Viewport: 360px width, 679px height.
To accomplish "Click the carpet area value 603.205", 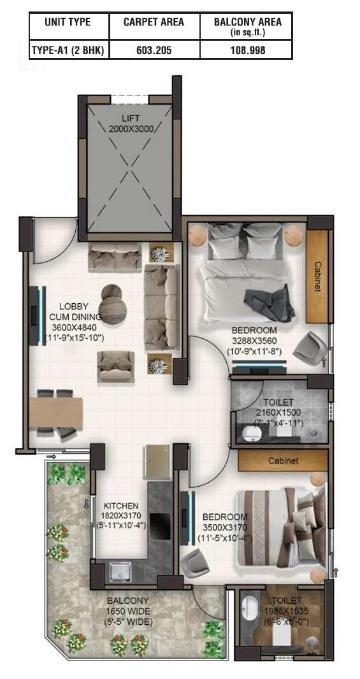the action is click(x=155, y=50).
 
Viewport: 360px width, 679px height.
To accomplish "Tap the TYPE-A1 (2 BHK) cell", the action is click(x=68, y=50).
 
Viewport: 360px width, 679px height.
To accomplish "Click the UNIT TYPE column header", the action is click(x=68, y=22).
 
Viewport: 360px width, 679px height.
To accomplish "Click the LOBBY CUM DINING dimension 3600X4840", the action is click(x=75, y=327).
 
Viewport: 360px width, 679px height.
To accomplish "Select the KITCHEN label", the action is click(x=121, y=506).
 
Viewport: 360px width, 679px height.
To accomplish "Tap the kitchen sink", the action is click(x=120, y=571).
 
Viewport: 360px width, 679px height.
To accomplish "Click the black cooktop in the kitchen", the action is click(x=160, y=525).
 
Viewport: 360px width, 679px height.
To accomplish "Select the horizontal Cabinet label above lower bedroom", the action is click(x=283, y=461).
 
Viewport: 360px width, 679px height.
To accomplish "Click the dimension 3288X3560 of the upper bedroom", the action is click(x=254, y=340).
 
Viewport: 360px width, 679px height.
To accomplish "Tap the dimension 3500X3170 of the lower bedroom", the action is click(x=225, y=528).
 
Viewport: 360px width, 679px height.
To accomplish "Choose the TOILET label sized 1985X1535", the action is click(x=286, y=601).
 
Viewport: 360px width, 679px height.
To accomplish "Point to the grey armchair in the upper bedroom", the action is click(x=310, y=345).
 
